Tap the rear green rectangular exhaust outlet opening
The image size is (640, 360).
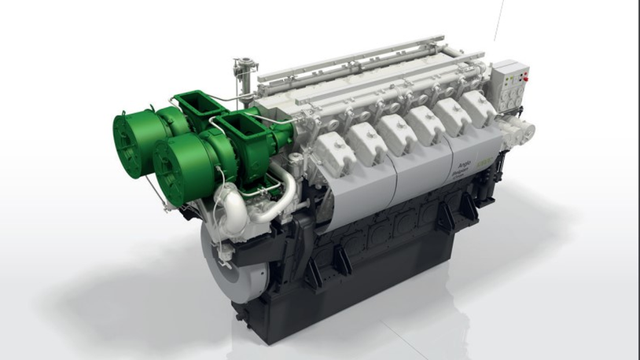point(193,104)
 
